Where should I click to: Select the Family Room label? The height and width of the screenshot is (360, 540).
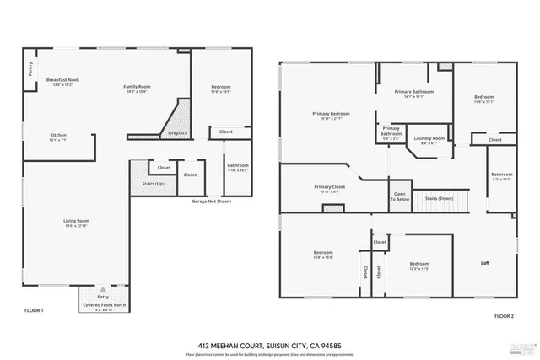[136, 88]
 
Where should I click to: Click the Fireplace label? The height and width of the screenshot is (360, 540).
[178, 132]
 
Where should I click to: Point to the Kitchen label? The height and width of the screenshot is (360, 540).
[58, 137]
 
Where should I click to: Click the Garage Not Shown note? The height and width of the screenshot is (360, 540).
[211, 201]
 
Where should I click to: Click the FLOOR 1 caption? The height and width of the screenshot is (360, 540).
[34, 311]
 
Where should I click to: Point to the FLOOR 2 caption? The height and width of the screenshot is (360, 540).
[503, 315]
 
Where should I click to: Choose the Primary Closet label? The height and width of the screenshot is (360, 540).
[329, 189]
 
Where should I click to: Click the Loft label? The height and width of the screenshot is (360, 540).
[485, 263]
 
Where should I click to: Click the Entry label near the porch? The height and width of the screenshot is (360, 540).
[103, 297]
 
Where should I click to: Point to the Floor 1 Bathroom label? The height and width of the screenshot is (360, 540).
[238, 167]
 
